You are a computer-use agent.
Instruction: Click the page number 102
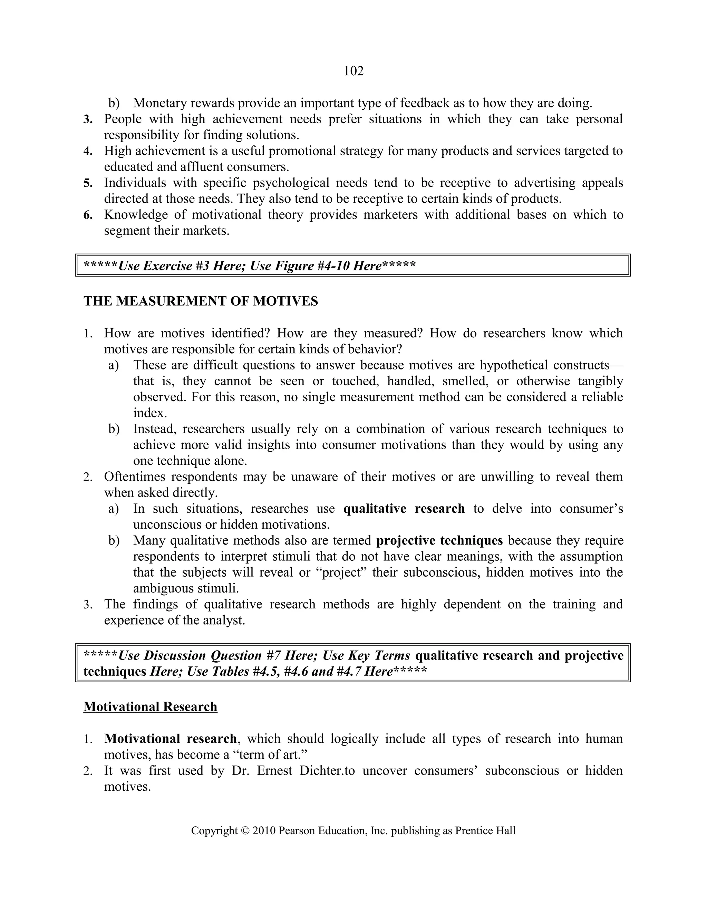click(x=353, y=71)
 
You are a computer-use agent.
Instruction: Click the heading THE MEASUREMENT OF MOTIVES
click(x=201, y=301)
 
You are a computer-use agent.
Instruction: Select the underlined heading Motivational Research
click(x=151, y=707)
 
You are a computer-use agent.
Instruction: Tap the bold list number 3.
click(x=88, y=119)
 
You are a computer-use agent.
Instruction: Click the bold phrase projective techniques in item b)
click(x=439, y=540)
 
